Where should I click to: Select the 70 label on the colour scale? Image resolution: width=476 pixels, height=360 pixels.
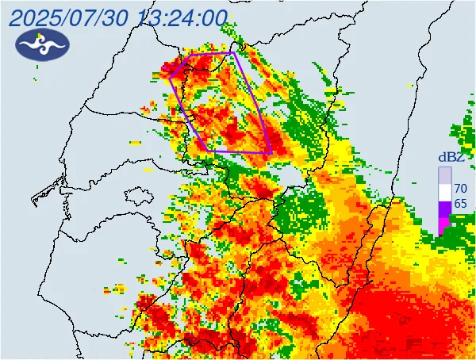(x=459, y=189)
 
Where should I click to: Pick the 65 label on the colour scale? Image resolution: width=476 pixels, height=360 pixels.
(x=459, y=204)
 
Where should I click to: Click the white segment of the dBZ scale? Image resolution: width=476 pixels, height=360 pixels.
(x=444, y=191)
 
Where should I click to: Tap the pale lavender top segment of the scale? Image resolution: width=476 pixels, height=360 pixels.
(x=444, y=174)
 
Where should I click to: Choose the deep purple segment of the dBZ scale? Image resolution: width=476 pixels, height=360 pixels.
(x=444, y=209)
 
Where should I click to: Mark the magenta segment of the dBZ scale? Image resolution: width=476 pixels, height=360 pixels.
(x=444, y=225)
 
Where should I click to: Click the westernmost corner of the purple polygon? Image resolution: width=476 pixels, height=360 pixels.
(x=171, y=76)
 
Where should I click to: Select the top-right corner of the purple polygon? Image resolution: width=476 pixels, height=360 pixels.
(x=234, y=53)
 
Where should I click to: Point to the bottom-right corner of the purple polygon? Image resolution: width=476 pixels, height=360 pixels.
(x=271, y=151)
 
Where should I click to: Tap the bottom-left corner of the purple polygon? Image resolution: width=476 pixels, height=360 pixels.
(x=209, y=150)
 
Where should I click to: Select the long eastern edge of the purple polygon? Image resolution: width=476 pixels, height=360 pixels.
(x=253, y=103)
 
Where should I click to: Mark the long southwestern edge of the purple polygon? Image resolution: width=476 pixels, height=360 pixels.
(x=190, y=113)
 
